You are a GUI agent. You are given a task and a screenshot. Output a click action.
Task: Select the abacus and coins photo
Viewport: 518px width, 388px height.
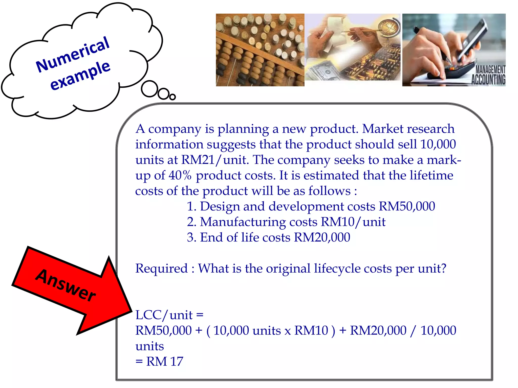tap(260, 50)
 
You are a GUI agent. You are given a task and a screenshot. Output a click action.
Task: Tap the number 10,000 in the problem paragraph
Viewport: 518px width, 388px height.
tap(438, 144)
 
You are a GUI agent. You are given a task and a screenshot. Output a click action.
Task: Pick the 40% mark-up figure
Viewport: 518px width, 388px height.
tap(180, 176)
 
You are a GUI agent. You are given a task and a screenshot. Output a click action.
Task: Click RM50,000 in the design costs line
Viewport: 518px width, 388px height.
tap(407, 206)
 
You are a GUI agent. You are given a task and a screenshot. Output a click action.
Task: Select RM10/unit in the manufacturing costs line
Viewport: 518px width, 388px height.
tap(353, 222)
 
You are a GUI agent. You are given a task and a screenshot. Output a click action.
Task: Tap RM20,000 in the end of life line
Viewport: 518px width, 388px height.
tap(322, 238)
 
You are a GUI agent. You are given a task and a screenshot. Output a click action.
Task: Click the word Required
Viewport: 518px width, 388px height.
tap(161, 269)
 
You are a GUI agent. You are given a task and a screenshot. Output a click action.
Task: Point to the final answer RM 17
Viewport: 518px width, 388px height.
tap(164, 361)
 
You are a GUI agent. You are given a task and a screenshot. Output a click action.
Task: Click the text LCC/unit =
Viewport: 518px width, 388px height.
tap(169, 315)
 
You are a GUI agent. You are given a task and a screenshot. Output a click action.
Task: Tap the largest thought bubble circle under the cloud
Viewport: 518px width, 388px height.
tap(149, 89)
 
